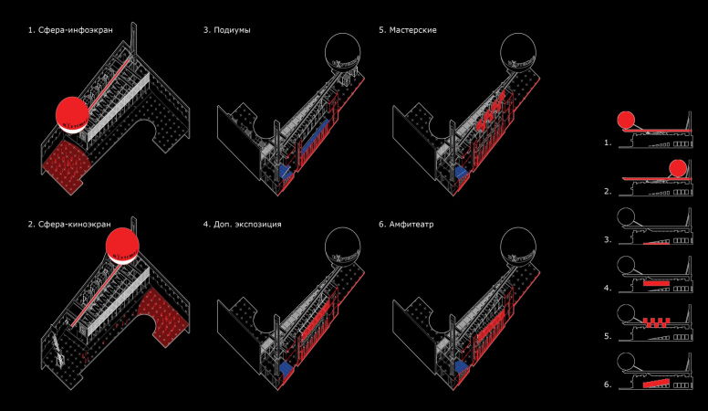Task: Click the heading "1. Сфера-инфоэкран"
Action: (70, 30)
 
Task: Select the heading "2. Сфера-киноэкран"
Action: (69, 225)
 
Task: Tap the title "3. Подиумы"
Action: (226, 30)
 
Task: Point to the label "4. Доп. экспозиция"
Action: (242, 225)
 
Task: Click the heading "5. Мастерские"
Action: (408, 30)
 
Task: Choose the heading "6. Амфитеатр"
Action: (406, 225)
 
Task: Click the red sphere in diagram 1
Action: (72, 114)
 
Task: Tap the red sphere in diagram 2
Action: (122, 245)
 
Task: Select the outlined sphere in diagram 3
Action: (343, 50)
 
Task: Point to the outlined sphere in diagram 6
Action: (518, 246)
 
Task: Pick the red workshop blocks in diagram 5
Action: (491, 110)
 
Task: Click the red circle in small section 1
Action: (626, 120)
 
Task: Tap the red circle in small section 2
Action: (678, 168)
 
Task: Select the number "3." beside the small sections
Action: (608, 239)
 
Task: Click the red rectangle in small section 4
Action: (656, 283)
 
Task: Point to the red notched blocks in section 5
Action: (656, 322)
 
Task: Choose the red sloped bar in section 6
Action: (656, 384)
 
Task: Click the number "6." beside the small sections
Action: (608, 385)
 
